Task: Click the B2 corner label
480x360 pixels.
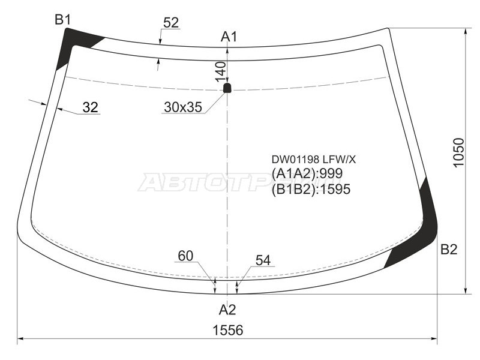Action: [x=449, y=250]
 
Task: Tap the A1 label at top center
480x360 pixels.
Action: [x=229, y=37]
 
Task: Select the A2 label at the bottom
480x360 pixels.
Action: [x=227, y=310]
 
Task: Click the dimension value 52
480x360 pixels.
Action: [x=171, y=23]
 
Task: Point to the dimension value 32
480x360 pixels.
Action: [x=90, y=107]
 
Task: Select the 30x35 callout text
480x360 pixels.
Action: [x=182, y=108]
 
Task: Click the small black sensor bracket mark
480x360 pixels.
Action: [x=227, y=88]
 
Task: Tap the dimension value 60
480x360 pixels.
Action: [x=185, y=256]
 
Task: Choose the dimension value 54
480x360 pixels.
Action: [x=263, y=260]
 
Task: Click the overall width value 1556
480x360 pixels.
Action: [x=227, y=331]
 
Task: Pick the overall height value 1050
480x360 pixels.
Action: [x=458, y=154]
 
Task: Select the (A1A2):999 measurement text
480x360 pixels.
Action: [x=307, y=174]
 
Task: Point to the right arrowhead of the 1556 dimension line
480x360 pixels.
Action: [x=436, y=340]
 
